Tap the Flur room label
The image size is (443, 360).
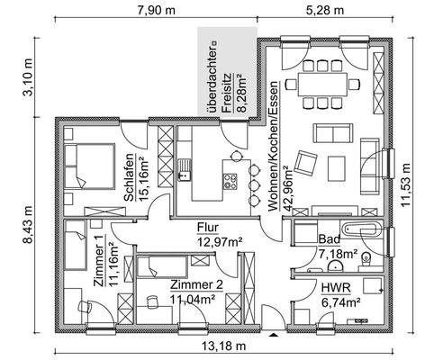tap(209, 229)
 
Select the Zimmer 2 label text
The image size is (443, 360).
tap(194, 285)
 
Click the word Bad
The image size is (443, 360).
tap(330, 240)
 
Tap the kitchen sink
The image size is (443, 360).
tap(187, 165)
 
